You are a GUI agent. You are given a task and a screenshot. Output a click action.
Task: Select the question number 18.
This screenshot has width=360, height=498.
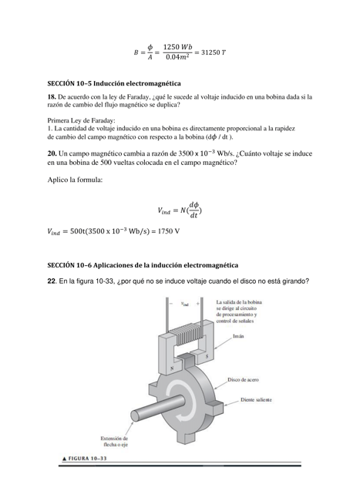(52, 97)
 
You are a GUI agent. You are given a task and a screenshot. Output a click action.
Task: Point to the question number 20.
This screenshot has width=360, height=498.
(52, 154)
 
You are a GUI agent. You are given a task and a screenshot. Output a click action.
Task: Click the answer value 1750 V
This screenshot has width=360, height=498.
(166, 230)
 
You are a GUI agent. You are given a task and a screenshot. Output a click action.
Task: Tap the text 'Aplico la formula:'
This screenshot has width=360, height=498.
(75, 180)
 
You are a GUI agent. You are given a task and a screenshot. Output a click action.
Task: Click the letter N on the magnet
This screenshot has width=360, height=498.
(170, 368)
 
